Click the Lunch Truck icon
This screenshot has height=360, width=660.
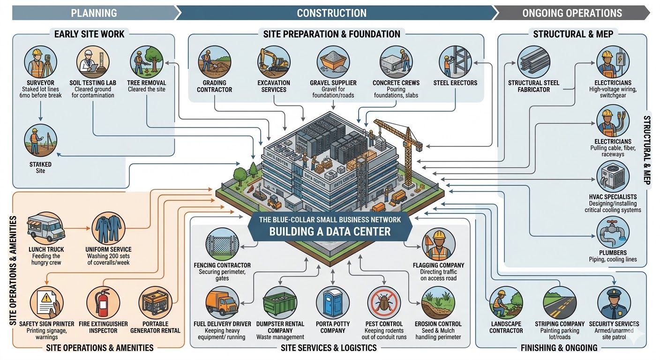coord(46,228)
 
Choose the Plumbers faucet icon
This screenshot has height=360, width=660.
coord(613,232)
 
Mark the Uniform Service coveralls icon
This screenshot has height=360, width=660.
coord(108,228)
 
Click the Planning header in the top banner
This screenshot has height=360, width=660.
coord(94,13)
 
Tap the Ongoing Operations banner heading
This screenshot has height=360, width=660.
coord(572,13)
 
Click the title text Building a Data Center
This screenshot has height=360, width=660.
coord(330,231)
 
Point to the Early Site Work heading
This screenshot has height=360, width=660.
coord(89,34)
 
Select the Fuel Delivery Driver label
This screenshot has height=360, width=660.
coord(222,324)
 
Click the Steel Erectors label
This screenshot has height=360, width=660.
coord(455,83)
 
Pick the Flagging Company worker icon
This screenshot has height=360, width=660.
coord(438,245)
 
